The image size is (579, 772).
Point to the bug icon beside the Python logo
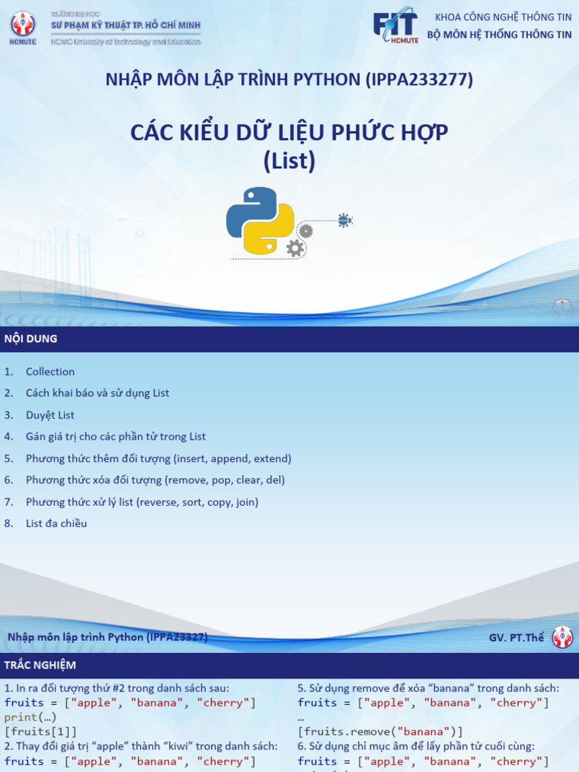345,220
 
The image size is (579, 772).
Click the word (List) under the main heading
289,161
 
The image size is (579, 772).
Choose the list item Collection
50,372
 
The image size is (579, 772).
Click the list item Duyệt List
50,415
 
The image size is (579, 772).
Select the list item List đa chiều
56,523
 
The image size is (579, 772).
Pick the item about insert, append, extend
158,458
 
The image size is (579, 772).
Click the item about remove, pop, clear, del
155,479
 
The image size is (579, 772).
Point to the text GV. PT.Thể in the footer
516,638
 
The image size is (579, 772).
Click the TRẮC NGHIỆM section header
40,665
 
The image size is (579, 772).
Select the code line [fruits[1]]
41,731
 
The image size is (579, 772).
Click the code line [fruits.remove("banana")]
380,731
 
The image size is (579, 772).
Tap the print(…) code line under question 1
30,717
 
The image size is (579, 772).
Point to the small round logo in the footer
562,638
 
